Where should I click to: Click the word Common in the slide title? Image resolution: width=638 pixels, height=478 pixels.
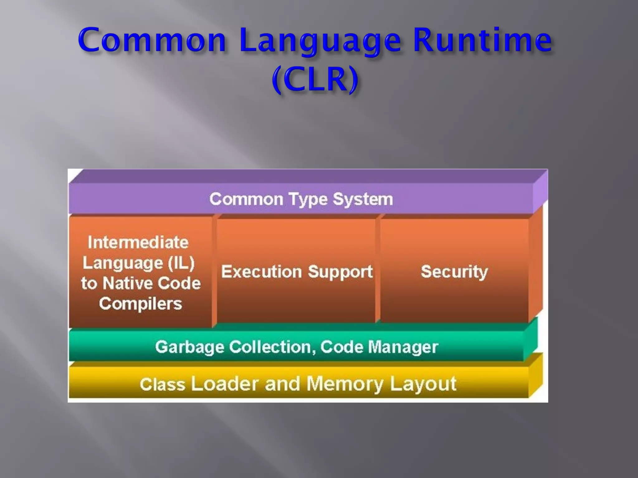(x=152, y=40)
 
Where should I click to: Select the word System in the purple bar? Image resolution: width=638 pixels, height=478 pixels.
(x=363, y=199)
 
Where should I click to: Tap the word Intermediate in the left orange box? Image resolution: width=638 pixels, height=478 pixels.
(x=138, y=242)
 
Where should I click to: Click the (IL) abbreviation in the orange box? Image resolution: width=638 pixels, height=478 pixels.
(x=181, y=263)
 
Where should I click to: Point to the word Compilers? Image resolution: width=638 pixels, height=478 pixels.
(x=140, y=304)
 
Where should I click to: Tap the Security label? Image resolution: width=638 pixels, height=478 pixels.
(x=454, y=272)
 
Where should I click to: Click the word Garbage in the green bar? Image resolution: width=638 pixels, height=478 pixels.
(x=189, y=347)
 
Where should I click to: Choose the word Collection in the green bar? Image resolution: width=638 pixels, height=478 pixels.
(x=270, y=347)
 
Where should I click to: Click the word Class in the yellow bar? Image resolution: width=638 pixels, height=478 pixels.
(x=162, y=384)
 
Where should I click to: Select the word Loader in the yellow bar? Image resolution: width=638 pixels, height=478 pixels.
(x=225, y=384)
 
